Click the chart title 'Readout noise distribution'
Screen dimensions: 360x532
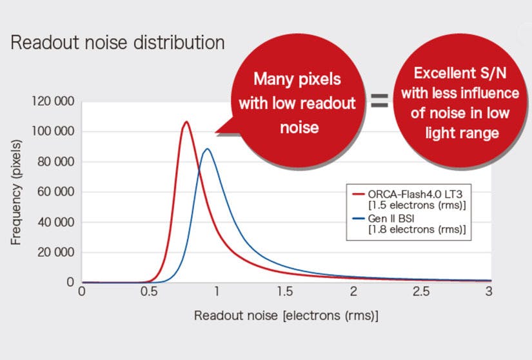click(x=118, y=43)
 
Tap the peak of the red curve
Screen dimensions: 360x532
click(x=186, y=122)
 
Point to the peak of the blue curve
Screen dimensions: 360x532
click(x=207, y=149)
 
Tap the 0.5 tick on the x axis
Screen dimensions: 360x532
click(x=149, y=292)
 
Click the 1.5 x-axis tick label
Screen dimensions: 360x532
click(x=285, y=292)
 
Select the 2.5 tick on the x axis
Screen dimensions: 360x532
click(x=421, y=292)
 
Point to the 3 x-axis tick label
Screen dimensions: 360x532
click(x=489, y=292)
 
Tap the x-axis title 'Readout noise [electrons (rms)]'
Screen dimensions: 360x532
click(x=286, y=316)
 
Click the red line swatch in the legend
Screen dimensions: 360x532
click(x=359, y=194)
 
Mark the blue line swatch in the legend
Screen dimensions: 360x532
click(x=359, y=219)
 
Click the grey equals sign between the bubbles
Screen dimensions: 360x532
click(x=379, y=101)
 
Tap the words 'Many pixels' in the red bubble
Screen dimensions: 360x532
click(x=297, y=79)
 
